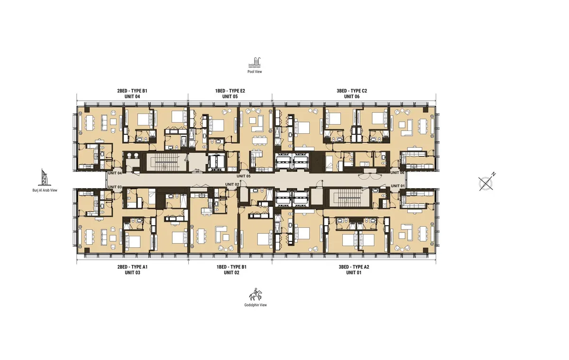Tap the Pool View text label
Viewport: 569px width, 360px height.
click(x=255, y=72)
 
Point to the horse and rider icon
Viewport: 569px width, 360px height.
click(x=256, y=295)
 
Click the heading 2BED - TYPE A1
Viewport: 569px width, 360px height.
click(x=133, y=267)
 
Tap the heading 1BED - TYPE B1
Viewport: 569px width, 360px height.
click(x=231, y=267)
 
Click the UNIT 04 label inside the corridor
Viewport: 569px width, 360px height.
click(x=115, y=174)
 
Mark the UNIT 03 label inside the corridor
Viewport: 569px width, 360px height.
click(x=115, y=187)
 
